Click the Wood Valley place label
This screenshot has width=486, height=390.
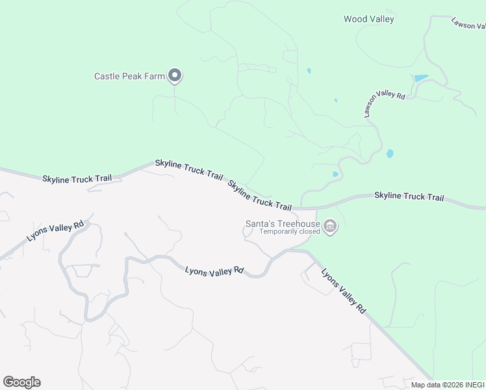[x=368, y=19]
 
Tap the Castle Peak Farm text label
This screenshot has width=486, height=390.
[x=129, y=76]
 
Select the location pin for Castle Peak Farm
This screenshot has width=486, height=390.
[x=175, y=76]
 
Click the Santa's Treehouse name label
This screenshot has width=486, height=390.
[x=282, y=223]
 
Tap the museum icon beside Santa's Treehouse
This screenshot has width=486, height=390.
[x=330, y=226]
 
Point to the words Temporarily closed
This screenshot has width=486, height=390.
[x=290, y=231]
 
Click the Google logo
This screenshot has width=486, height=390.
[x=21, y=382]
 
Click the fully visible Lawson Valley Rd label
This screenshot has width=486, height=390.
[x=384, y=103]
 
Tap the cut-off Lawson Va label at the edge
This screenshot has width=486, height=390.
[x=469, y=23]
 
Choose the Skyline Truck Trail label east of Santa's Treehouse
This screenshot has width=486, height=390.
[x=409, y=196]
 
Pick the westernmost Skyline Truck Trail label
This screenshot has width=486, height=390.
[x=77, y=178]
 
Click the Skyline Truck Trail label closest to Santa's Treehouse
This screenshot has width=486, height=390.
[x=260, y=195]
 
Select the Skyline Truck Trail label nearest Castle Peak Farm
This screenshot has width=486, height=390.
[x=189, y=169]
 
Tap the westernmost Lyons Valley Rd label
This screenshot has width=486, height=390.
[x=56, y=231]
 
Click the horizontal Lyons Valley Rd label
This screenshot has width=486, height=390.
[x=214, y=270]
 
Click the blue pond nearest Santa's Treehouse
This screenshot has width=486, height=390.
[x=335, y=174]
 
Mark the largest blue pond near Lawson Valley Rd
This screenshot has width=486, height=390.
[x=421, y=79]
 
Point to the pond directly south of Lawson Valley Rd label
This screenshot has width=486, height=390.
[x=390, y=154]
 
